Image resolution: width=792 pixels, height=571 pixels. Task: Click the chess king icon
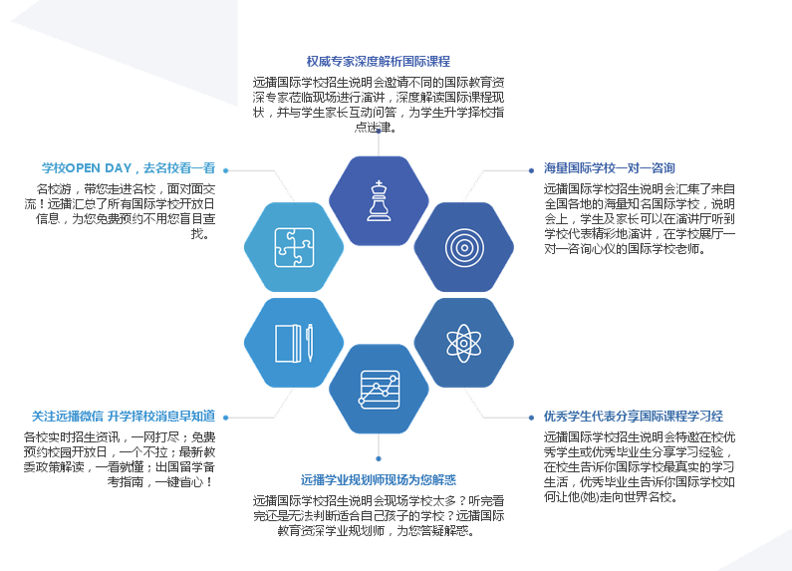[x=379, y=200]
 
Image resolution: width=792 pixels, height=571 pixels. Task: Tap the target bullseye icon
[x=464, y=247]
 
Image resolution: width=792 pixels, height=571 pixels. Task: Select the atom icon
[x=463, y=343]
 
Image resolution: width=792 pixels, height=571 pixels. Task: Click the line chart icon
[x=379, y=390]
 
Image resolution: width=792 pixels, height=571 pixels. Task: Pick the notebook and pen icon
[x=294, y=343]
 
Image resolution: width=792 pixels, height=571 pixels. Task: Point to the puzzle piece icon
[x=294, y=247]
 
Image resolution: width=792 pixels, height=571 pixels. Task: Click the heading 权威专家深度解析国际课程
[x=379, y=62]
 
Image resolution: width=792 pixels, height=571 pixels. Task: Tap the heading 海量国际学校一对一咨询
[x=609, y=168]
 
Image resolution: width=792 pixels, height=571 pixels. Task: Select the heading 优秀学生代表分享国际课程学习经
[x=633, y=417]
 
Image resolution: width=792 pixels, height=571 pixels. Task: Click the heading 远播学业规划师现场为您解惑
[x=379, y=480]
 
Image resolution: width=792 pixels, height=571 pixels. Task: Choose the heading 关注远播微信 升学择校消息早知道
[x=124, y=417]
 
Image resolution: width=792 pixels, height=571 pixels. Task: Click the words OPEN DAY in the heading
[x=99, y=168]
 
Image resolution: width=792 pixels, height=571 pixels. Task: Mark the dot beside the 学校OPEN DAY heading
[x=226, y=170]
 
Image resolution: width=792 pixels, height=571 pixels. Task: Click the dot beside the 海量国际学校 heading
[x=531, y=170]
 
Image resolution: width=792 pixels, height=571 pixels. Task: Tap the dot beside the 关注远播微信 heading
[x=226, y=418]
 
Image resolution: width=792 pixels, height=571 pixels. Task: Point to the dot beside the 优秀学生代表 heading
[x=531, y=418]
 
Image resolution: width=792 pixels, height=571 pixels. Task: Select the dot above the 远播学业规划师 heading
[x=379, y=458]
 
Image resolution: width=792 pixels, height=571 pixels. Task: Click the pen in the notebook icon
[x=309, y=343]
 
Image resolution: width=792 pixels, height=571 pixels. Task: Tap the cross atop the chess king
[x=379, y=183]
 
